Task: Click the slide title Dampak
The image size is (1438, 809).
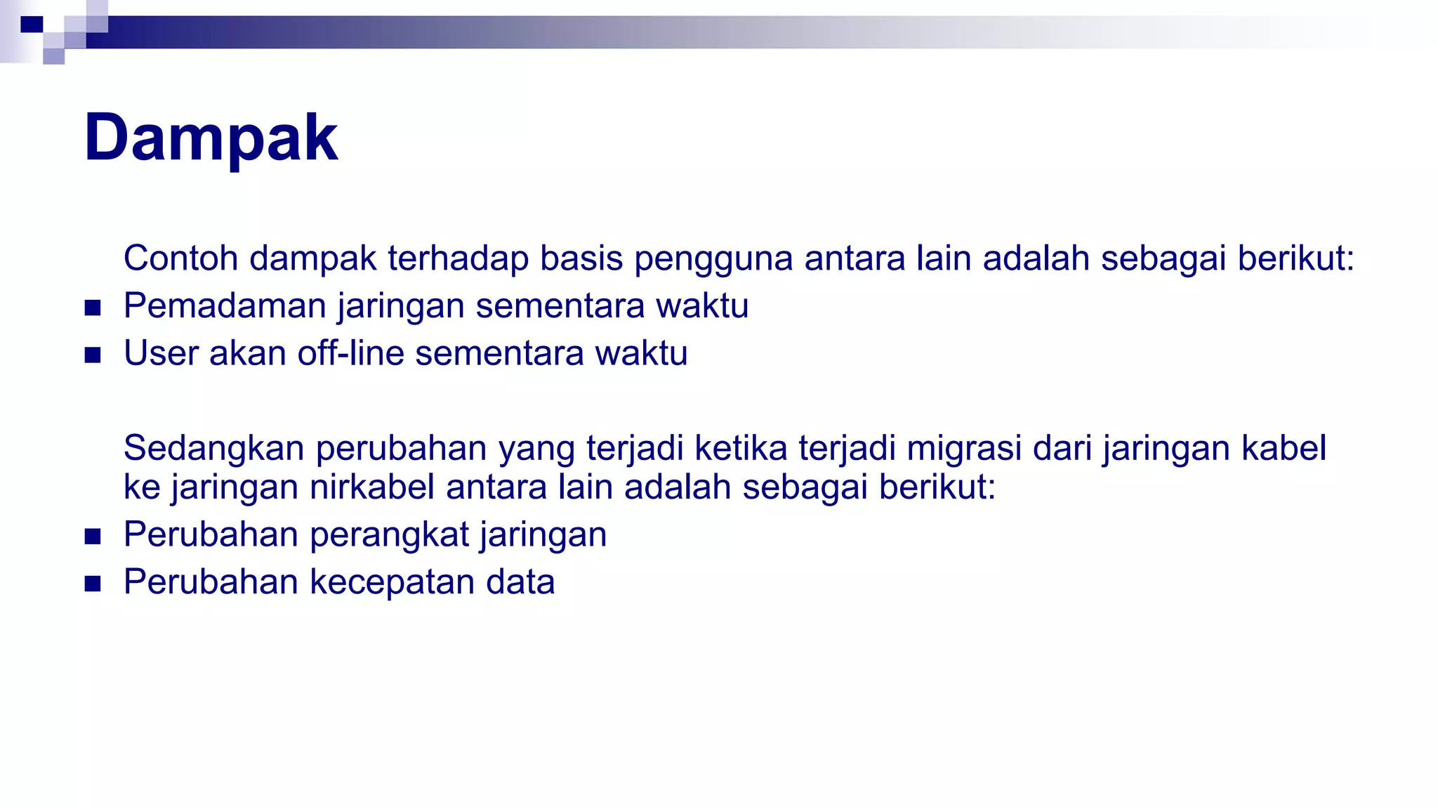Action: tap(211, 138)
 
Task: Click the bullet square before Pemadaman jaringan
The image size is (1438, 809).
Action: tap(93, 308)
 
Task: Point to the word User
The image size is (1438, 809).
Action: tap(160, 353)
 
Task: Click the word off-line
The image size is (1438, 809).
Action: tap(350, 353)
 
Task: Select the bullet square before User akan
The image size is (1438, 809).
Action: tap(93, 355)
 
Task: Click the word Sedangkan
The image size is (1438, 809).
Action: tap(213, 449)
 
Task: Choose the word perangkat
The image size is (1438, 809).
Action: tap(389, 536)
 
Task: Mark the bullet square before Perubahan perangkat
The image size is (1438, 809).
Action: tap(93, 537)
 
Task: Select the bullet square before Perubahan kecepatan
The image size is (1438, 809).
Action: tap(93, 584)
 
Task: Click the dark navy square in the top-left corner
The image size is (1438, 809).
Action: tap(32, 25)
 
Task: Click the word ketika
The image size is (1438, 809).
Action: tap(741, 448)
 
